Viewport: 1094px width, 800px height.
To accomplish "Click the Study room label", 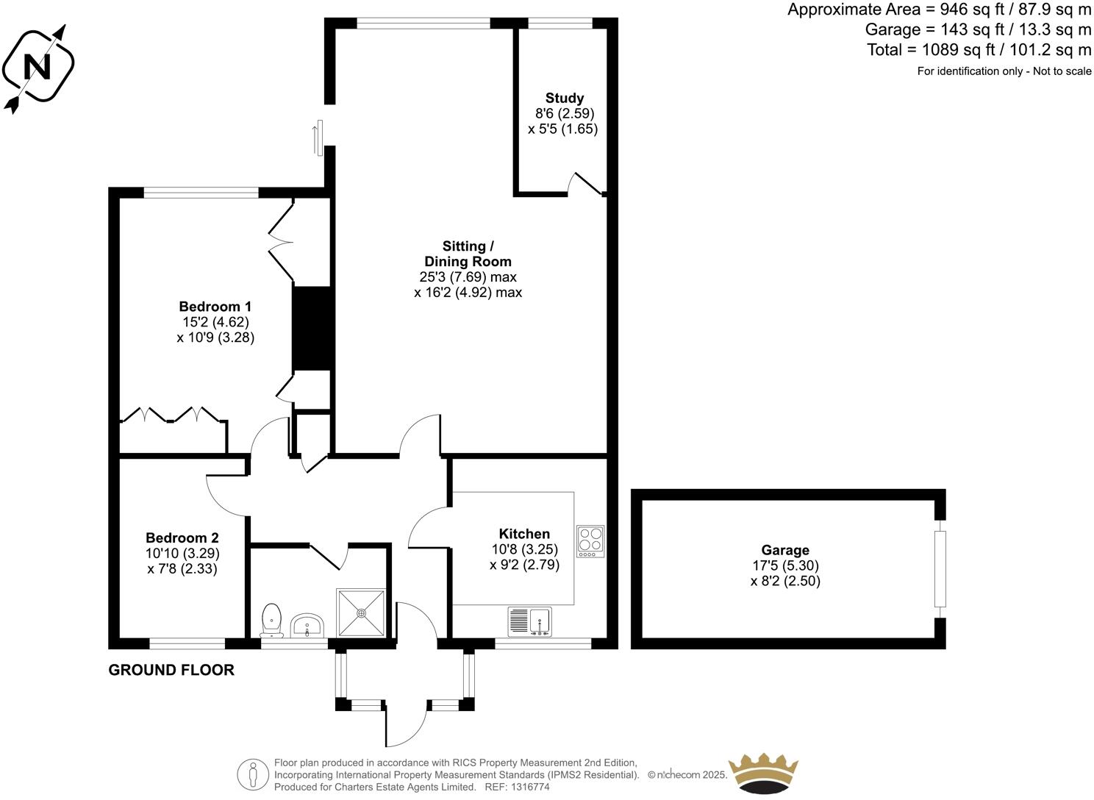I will click(x=564, y=98).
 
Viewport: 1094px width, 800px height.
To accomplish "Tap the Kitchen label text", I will click(x=524, y=534).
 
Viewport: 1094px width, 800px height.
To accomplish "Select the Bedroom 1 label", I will click(x=215, y=307).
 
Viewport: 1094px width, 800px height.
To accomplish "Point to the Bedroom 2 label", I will click(x=182, y=537).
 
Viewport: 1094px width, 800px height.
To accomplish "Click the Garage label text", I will click(x=785, y=550).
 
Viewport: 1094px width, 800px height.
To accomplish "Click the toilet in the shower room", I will click(x=271, y=620).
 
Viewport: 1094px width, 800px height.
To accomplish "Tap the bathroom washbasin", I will click(x=307, y=626).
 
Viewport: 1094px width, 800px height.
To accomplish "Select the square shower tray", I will click(x=360, y=612).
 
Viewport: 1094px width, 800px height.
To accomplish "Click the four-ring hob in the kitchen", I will click(x=590, y=540).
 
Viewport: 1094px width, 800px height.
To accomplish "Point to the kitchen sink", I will click(x=529, y=621).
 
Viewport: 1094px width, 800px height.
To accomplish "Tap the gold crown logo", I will click(x=762, y=773).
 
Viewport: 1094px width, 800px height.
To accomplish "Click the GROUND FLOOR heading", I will click(x=171, y=670).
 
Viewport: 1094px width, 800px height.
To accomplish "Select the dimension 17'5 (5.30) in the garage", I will click(x=785, y=565).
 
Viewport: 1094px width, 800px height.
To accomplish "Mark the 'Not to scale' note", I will click(x=1062, y=71).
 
